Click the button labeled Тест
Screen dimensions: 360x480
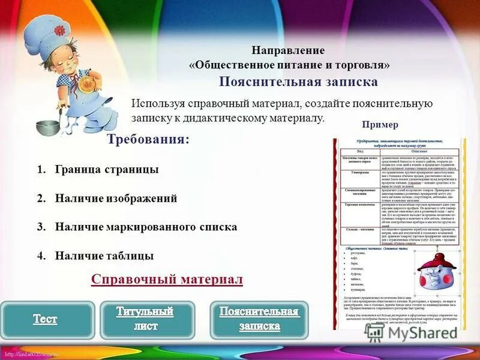[x=46, y=319]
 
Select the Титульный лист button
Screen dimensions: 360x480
[x=145, y=319]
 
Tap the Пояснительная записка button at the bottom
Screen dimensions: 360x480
[x=259, y=319]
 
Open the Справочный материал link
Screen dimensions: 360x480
[x=167, y=280]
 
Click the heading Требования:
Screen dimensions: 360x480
[x=148, y=139]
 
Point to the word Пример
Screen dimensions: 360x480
[x=380, y=125]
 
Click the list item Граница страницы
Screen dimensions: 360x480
[x=107, y=170]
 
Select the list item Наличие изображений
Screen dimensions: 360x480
[x=116, y=198]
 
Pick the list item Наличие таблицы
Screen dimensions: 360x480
[x=104, y=256]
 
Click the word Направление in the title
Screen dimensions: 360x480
[x=288, y=50]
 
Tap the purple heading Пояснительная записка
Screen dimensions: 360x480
[x=298, y=82]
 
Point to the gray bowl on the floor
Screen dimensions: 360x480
[x=47, y=127]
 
